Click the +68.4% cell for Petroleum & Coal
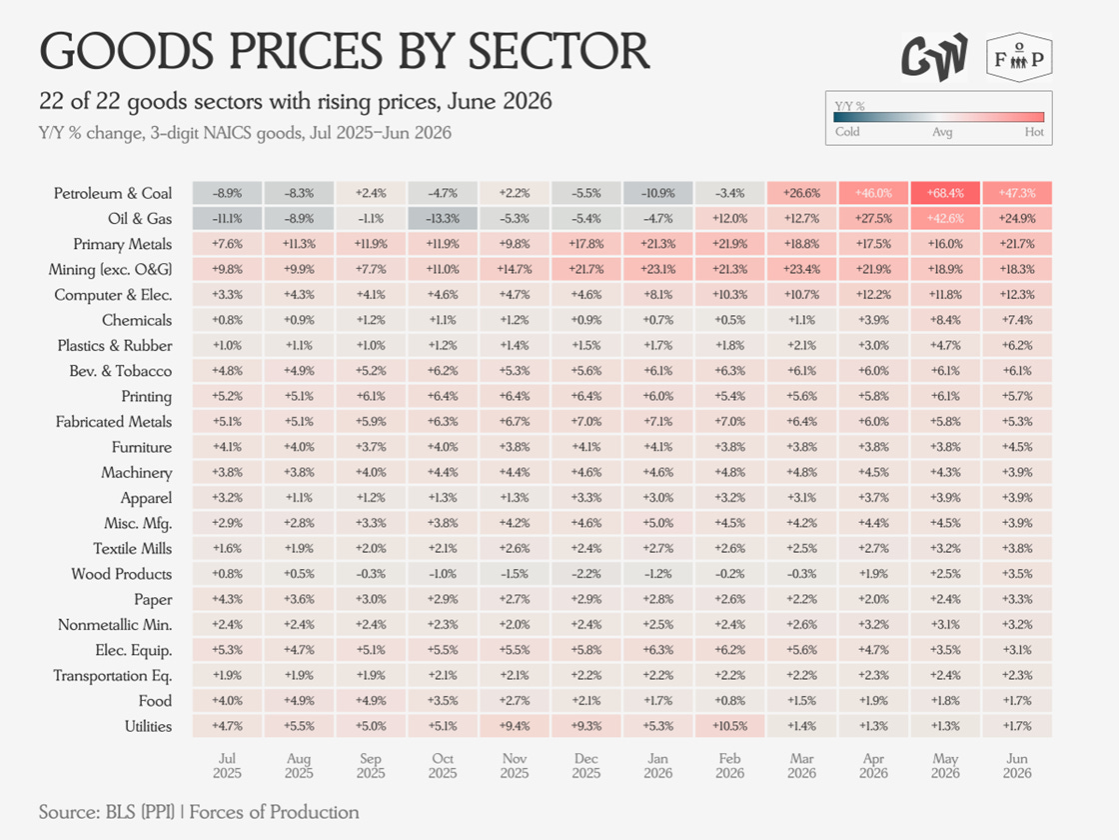click(x=945, y=193)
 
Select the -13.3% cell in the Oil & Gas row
click(x=443, y=219)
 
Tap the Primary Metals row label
click(x=122, y=244)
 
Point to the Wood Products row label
click(x=121, y=574)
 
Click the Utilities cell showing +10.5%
click(x=729, y=726)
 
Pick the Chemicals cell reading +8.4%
click(x=945, y=320)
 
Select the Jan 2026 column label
click(x=658, y=766)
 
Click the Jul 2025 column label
click(x=227, y=766)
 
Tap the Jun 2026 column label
click(x=1017, y=766)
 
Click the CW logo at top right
click(x=934, y=57)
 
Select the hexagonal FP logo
click(x=1019, y=57)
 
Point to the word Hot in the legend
click(x=1034, y=132)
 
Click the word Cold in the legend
click(x=847, y=132)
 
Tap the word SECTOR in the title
click(x=559, y=51)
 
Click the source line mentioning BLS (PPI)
click(x=199, y=812)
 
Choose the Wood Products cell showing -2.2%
click(x=585, y=574)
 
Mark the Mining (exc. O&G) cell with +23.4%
click(x=801, y=269)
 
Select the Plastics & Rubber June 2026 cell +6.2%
click(x=1017, y=346)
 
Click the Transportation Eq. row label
click(x=113, y=676)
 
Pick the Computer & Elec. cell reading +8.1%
click(x=658, y=295)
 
